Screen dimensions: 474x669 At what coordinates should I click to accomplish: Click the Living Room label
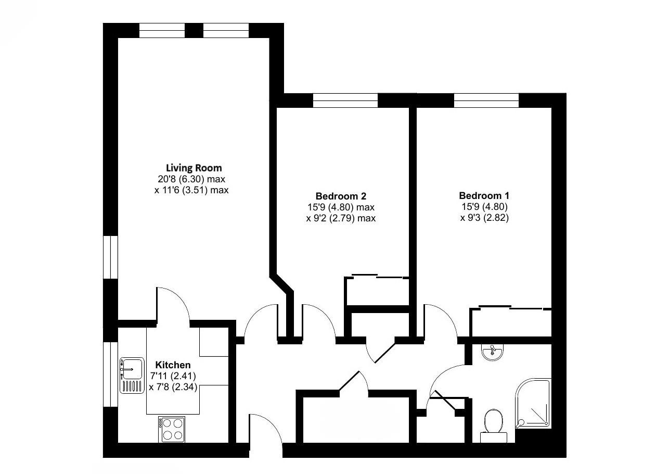coord(194,168)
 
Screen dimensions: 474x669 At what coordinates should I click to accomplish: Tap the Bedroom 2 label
coord(341,196)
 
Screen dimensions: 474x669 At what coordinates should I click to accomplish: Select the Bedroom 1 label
coord(484,196)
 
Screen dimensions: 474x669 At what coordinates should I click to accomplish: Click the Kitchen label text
coord(173,365)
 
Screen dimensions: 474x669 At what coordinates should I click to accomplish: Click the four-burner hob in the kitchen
coord(172,429)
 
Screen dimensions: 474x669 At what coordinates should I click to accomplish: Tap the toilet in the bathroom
coord(493,422)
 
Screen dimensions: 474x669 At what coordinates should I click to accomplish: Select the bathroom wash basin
coord(492,353)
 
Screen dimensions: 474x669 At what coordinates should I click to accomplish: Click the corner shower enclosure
coord(533,404)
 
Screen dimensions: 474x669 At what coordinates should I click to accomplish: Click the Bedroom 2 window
coord(345,100)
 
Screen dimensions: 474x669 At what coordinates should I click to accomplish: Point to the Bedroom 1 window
coord(486,100)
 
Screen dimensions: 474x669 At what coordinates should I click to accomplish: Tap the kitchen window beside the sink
coord(110,374)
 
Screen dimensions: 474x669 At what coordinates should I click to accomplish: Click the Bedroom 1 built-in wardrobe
coord(510,323)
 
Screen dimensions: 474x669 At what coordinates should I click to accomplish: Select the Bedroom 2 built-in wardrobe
coord(377,292)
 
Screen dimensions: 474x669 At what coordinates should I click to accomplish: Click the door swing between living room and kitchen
coord(174,305)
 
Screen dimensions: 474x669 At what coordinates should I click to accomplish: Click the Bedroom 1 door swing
coord(440,320)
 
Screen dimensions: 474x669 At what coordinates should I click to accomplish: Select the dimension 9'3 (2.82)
coord(484,218)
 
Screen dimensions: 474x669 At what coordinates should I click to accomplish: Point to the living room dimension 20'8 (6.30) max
coord(194,179)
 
